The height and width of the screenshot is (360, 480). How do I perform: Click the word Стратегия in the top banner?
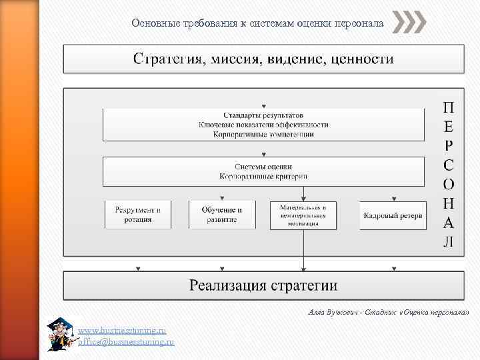click(166, 59)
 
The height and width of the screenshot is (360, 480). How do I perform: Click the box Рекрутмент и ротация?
click(138, 215)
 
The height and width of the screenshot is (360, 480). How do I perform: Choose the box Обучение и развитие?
click(222, 215)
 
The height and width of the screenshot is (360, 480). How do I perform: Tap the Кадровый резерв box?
click(393, 215)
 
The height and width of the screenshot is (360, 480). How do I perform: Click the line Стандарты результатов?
click(263, 115)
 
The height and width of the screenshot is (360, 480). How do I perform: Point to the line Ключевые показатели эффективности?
click(263, 124)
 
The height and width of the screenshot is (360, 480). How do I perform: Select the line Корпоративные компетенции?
click(263, 134)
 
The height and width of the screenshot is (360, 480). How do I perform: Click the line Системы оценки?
click(263, 167)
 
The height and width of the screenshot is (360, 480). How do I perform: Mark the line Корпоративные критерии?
click(263, 177)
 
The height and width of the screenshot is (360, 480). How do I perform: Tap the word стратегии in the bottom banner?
click(304, 286)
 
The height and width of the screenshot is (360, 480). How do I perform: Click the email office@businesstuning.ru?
click(126, 341)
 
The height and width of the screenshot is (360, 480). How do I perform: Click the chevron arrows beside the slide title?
click(409, 23)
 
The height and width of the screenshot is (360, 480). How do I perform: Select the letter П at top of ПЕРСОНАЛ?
click(449, 107)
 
